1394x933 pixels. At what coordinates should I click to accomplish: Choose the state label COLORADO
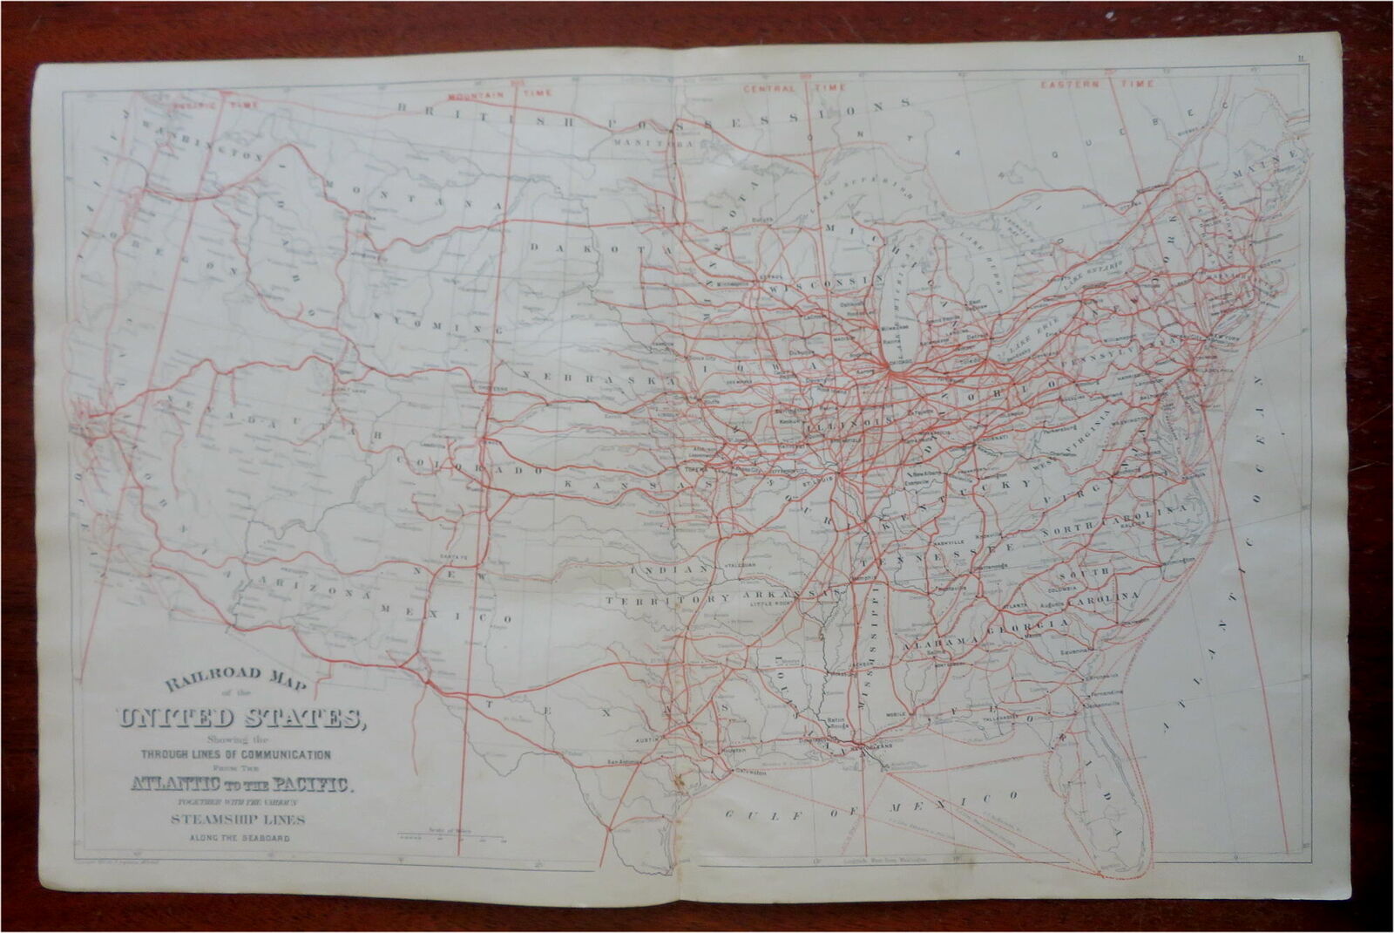457,463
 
